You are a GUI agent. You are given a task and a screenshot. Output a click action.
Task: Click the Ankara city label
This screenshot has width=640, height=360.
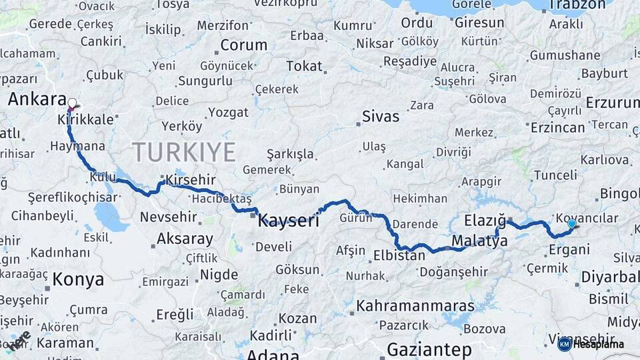click(37, 99)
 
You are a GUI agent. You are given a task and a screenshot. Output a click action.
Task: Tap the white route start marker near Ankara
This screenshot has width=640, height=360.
click(72, 103)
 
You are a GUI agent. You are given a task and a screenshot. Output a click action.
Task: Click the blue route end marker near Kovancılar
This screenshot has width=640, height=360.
click(571, 223)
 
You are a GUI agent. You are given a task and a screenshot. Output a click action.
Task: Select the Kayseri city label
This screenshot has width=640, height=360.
click(289, 221)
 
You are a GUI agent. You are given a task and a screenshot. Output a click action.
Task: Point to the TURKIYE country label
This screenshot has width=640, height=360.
click(184, 152)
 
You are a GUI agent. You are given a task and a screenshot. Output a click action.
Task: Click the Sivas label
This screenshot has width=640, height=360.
click(381, 117)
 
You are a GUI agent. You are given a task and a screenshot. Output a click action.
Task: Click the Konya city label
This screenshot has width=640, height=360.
click(78, 279)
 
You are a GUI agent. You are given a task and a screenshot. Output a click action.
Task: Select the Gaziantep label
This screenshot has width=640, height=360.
click(429, 349)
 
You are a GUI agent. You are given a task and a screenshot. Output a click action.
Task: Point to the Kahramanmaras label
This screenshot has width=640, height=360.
click(415, 307)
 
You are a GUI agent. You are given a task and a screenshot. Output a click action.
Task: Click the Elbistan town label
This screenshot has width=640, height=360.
click(399, 255)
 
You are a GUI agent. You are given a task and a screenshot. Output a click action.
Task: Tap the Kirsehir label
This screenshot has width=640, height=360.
click(191, 181)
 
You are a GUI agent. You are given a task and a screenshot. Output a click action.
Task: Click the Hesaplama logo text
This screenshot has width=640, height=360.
click(598, 344)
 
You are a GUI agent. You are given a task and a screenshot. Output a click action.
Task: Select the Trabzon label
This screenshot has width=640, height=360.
click(577, 6)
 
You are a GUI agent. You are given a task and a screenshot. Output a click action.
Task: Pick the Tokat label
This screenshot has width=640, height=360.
click(304, 66)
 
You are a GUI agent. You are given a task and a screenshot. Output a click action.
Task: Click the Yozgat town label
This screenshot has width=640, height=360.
click(228, 113)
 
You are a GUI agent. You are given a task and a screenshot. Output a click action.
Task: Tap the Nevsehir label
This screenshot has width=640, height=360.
click(169, 217)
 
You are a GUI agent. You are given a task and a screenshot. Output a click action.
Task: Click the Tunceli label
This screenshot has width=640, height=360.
click(555, 175)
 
